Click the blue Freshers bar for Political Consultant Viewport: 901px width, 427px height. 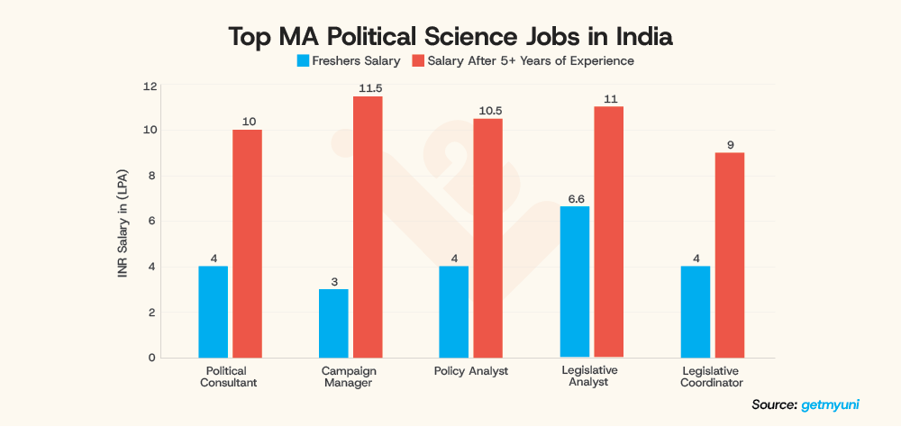point(214,312)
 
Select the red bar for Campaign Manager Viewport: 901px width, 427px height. point(368,227)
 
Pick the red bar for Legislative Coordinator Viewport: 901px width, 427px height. point(729,255)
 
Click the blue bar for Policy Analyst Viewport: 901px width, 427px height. point(454,312)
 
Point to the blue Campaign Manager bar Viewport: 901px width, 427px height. point(333,323)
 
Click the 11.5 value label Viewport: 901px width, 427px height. point(368,88)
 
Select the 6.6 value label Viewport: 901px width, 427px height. point(574,198)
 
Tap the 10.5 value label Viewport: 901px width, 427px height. point(487,111)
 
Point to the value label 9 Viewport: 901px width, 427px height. point(729,144)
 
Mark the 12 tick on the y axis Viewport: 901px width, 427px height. point(150,86)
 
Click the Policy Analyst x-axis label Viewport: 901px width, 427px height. point(471,371)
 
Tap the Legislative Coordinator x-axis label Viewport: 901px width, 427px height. point(712,377)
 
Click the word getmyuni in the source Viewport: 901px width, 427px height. point(829,405)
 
